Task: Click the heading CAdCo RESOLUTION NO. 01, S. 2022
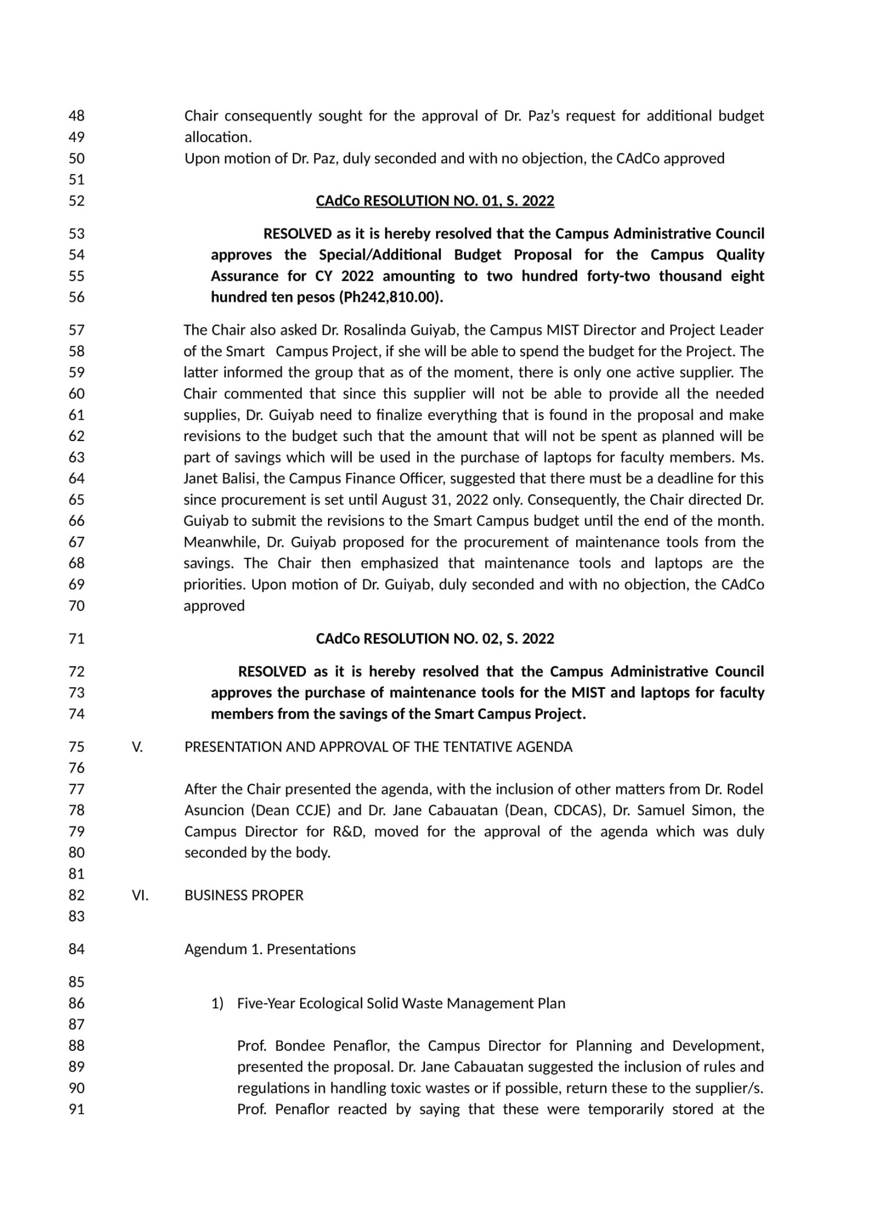click(435, 201)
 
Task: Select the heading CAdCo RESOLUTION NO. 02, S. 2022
click(435, 639)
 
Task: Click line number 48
click(77, 116)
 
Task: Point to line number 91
click(77, 1109)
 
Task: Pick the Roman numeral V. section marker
click(137, 747)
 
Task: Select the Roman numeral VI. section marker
click(140, 896)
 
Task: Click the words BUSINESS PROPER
click(244, 896)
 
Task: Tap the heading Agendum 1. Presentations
click(270, 950)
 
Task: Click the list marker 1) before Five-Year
click(217, 1003)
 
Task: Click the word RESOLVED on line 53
click(297, 234)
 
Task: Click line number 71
click(77, 639)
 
